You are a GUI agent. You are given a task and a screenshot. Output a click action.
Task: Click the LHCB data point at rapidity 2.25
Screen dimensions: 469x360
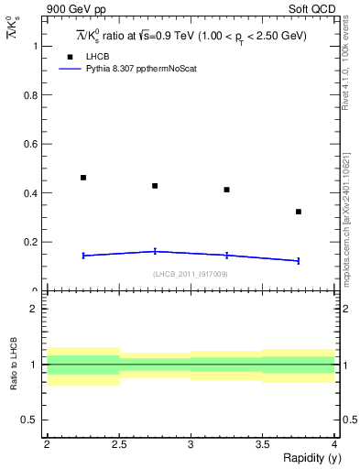coord(83,178)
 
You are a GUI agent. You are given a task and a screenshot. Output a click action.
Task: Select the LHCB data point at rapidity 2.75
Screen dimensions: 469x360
coord(155,186)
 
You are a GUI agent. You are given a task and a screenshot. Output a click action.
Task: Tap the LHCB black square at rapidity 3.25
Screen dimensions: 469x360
coord(226,190)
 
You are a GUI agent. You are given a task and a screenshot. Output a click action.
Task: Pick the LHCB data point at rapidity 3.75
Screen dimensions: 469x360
coord(299,212)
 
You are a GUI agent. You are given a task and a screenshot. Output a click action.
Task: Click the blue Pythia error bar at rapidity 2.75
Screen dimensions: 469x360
coord(155,251)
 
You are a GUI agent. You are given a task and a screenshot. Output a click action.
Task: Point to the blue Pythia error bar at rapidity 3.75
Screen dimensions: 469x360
coord(299,261)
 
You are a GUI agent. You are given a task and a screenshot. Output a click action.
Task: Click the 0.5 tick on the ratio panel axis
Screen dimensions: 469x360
coord(33,420)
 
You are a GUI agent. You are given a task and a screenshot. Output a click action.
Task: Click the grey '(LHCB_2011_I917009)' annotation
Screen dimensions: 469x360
coord(191,274)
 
